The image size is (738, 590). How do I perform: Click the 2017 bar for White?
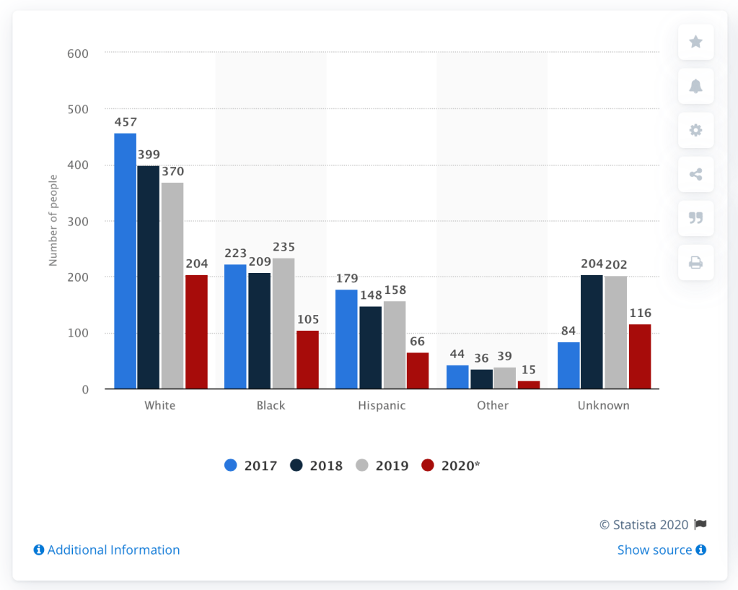click(125, 261)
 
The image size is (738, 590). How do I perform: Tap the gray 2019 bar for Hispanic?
click(395, 344)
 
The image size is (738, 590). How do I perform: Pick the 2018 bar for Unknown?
click(592, 331)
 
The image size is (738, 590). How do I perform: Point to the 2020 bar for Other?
click(529, 385)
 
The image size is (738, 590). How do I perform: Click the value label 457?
click(125, 122)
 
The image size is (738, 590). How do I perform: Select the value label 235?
click(284, 247)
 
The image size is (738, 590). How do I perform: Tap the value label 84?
click(568, 331)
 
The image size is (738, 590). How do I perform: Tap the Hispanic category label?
click(382, 405)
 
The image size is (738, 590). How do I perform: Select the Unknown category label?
click(603, 405)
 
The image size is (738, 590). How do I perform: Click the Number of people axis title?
click(53, 220)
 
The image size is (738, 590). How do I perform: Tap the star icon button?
click(695, 42)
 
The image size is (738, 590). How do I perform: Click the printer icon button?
click(695, 263)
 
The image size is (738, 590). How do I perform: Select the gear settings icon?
click(695, 130)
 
